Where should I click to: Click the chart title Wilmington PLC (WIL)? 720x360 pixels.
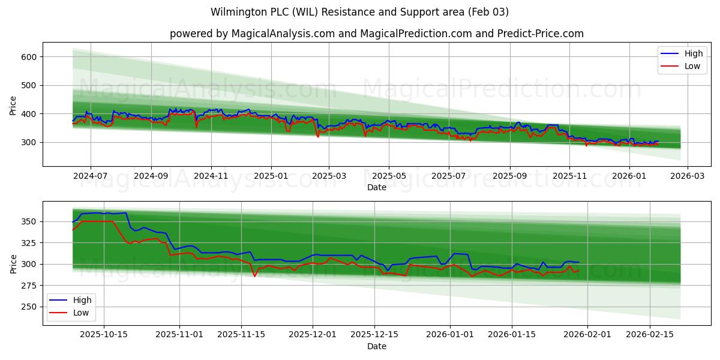359,12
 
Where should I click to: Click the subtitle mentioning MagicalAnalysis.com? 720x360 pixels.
376,34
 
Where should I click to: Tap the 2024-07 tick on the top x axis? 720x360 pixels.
91,176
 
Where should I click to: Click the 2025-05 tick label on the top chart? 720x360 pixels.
389,176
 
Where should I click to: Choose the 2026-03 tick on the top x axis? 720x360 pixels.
687,176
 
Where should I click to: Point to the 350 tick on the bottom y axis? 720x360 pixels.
29,222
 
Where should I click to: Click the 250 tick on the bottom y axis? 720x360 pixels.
29,307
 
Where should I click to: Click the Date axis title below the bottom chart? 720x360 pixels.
376,346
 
